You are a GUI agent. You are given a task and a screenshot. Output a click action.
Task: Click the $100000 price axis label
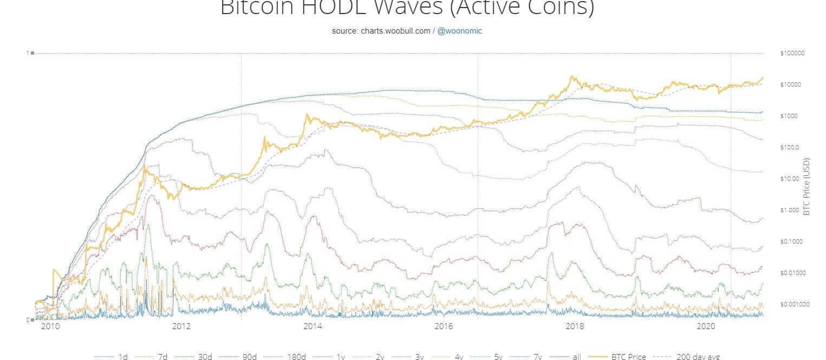[792, 53]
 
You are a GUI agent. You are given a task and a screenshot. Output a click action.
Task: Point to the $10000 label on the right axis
[791, 84]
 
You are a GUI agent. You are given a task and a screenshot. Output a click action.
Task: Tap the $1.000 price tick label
[790, 210]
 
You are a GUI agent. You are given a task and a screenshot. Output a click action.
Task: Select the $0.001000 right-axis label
[795, 304]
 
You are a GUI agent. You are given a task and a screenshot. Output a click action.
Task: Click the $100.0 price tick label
[790, 147]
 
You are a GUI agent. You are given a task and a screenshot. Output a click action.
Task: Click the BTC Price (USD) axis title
[807, 187]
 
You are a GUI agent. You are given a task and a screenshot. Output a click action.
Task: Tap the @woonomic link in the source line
[459, 31]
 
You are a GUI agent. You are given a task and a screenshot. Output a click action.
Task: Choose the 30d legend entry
[205, 357]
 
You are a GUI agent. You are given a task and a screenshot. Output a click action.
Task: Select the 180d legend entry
[296, 357]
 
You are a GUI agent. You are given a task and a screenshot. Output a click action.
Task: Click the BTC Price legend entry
[628, 357]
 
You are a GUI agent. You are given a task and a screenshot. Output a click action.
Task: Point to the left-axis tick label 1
[27, 53]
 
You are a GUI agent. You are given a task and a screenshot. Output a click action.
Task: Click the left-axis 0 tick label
[27, 320]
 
